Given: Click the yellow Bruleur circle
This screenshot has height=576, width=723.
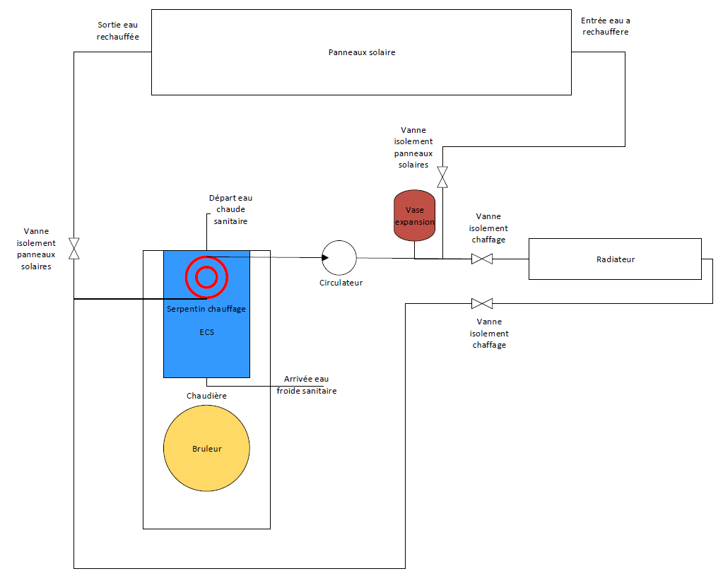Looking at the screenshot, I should click(206, 448).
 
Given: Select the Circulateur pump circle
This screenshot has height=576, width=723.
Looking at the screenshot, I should click(339, 258).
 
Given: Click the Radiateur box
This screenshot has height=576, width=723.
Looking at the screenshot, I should click(615, 259).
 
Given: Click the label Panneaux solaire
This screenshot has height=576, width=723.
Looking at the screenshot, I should click(362, 52).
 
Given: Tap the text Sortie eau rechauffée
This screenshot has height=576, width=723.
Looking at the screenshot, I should click(118, 30).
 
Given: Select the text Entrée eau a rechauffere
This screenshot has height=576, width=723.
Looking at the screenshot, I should click(604, 26).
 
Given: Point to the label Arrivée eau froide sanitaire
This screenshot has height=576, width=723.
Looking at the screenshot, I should click(306, 384).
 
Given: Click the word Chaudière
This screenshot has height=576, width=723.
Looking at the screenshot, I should click(206, 396).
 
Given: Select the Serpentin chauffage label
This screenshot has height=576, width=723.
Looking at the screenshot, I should click(206, 309).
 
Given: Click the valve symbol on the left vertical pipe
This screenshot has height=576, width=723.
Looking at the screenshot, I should click(74, 248).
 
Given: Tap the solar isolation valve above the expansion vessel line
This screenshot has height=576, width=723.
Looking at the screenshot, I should click(442, 177).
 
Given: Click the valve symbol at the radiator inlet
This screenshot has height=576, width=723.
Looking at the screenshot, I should click(482, 259).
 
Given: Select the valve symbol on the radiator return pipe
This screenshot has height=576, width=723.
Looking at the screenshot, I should click(482, 304).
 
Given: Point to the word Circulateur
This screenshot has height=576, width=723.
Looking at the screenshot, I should click(341, 283).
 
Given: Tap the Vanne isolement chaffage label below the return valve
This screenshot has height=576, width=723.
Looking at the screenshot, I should click(488, 333).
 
